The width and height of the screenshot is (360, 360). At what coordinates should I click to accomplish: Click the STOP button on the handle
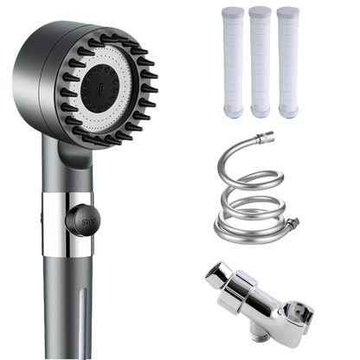tap(83, 221)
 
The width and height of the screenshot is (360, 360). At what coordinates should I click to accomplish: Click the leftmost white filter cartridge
tap(232, 61)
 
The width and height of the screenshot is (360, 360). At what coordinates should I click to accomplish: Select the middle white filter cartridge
tap(260, 61)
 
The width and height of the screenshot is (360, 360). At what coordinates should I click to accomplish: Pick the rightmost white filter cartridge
tap(287, 61)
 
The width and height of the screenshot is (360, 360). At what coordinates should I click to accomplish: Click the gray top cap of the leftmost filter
tap(233, 12)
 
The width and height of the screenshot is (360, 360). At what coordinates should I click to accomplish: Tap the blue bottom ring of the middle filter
tap(260, 114)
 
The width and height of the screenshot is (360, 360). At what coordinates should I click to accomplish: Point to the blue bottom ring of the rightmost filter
tap(287, 114)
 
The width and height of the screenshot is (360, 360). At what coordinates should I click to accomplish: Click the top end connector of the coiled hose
tap(266, 137)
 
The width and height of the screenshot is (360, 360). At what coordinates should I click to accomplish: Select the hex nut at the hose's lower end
tap(293, 222)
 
